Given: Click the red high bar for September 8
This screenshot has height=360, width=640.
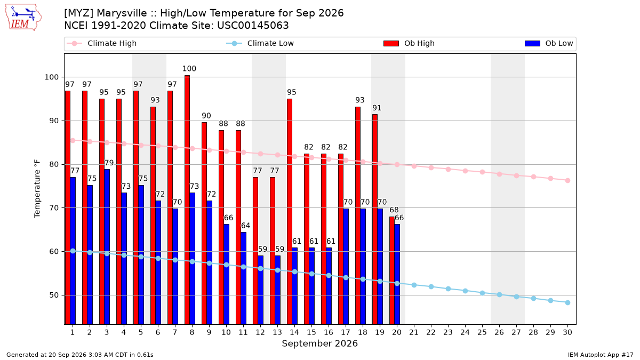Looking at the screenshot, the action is click(187, 199).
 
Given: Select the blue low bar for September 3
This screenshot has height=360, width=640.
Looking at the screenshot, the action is click(107, 247).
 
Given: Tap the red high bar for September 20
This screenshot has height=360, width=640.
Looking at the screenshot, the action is click(392, 270).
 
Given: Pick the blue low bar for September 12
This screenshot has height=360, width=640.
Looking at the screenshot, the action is click(261, 290).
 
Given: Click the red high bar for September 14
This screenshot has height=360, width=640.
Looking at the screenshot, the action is click(290, 211).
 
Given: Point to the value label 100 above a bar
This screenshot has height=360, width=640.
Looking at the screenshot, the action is click(189, 69).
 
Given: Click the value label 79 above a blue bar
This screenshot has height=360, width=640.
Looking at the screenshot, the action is click(109, 163).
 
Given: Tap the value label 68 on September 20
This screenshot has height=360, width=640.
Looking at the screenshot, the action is click(394, 210).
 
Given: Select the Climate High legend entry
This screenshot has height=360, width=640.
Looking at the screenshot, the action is click(101, 43).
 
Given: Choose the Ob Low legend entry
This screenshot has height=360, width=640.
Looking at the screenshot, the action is click(549, 43).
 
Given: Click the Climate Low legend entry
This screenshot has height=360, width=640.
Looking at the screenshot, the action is click(260, 43).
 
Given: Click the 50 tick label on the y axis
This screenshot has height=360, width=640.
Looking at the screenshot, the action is click(54, 295).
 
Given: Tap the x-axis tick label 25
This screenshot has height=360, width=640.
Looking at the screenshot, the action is click(482, 332).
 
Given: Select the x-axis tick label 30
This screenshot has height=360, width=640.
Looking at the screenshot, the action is click(567, 332).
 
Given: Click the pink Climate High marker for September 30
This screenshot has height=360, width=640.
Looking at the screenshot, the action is click(567, 181).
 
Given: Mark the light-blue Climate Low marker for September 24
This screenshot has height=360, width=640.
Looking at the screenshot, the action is click(465, 291).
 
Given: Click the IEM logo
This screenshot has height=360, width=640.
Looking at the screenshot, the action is click(23, 18).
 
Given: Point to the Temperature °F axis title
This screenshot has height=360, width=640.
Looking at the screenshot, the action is click(37, 189).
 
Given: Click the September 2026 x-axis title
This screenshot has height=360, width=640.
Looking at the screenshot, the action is click(319, 343).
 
